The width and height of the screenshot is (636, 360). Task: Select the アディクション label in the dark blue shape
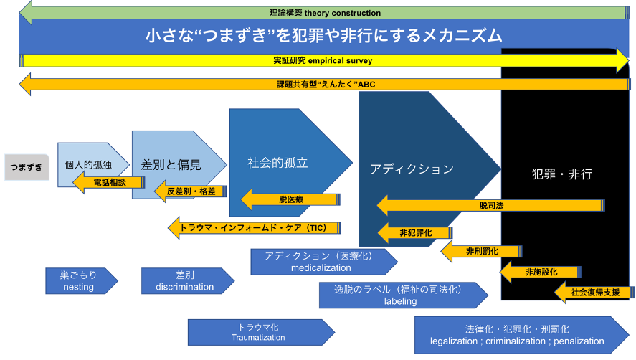click(x=412, y=169)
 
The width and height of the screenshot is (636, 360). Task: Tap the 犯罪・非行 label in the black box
click(x=562, y=174)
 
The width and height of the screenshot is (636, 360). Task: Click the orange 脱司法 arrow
click(x=492, y=206)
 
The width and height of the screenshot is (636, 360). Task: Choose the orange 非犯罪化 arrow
click(x=414, y=232)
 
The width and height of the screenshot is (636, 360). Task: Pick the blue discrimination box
click(x=184, y=280)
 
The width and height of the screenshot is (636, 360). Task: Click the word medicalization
click(x=321, y=268)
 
